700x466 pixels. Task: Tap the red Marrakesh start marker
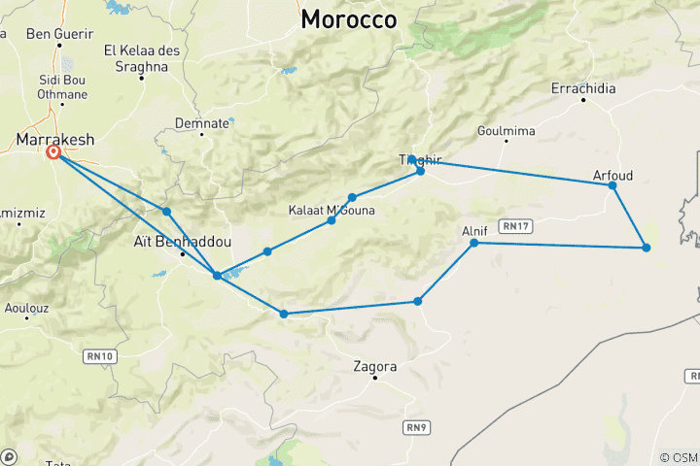click(54, 152)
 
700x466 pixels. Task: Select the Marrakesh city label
click(55, 140)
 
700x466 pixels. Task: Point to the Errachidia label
click(583, 88)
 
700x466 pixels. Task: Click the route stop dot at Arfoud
click(612, 185)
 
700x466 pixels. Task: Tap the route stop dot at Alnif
click(474, 243)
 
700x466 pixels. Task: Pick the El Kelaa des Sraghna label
click(142, 58)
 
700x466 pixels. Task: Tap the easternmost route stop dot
click(646, 248)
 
